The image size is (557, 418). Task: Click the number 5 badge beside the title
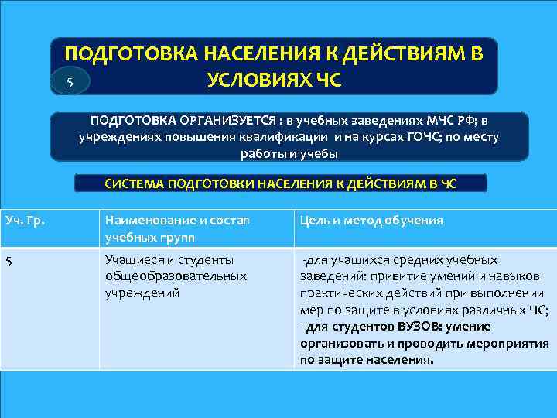pos(70,83)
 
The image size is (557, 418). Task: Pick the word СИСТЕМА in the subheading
pos(131,184)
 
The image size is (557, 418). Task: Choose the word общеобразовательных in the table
pos(176,276)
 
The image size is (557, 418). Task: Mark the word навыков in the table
pos(528,276)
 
